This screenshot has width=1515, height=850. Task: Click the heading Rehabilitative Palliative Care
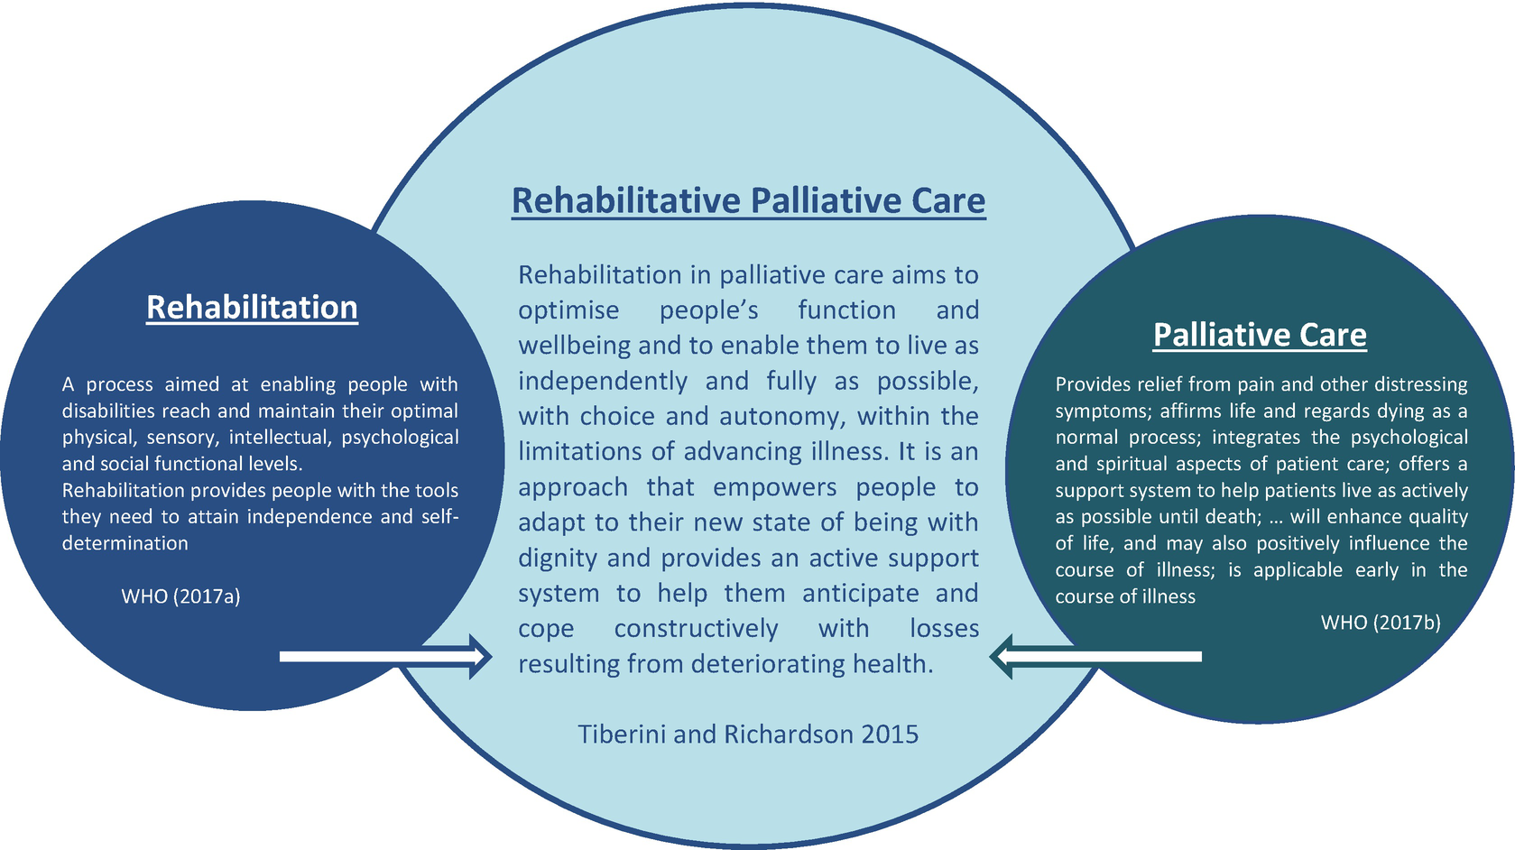point(748,200)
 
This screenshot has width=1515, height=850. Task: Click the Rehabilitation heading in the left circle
point(252,308)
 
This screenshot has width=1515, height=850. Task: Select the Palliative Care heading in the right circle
point(1260,335)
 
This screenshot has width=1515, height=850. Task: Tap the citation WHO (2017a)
point(180,596)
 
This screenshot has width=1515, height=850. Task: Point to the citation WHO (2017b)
point(1381,622)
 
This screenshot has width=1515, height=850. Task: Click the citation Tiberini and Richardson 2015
point(748,734)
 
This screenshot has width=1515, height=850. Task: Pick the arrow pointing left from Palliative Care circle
point(1095,656)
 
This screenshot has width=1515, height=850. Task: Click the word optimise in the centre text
point(568,310)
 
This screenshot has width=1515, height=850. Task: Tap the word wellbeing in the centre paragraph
point(574,346)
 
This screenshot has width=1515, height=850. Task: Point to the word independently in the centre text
point(603,381)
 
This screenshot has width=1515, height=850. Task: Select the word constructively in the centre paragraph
point(696,628)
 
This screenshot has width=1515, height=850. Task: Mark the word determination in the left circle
point(125,543)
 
